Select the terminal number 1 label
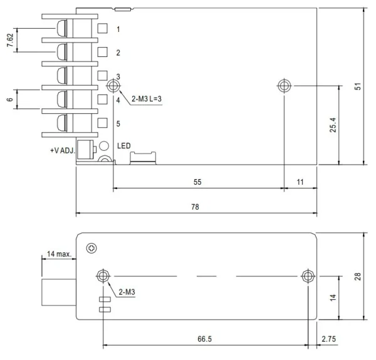pos(118,29)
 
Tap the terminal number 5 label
pos(118,123)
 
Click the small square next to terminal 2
pos(103,53)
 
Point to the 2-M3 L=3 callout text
pos(147,99)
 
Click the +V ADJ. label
pos(63,151)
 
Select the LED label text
pos(124,147)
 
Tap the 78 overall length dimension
pos(196,206)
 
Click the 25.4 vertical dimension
pos(334,125)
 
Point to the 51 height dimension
pos(358,86)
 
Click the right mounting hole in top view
pos(284,85)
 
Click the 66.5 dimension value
pos(205,338)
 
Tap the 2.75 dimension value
pos(329,338)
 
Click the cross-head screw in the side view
pos(92,248)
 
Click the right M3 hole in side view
pos(307,276)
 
